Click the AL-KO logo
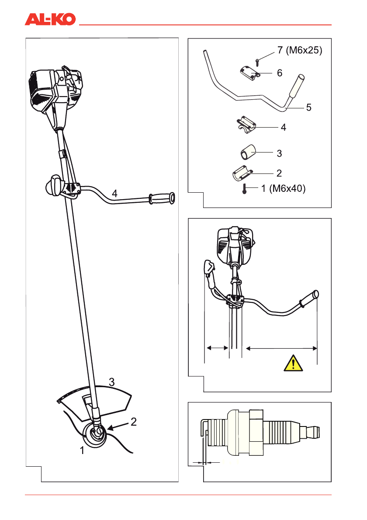point(50,19)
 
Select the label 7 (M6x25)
point(300,51)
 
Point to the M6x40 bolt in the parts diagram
point(243,189)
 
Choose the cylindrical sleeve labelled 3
point(246,153)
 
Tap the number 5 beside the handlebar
point(308,107)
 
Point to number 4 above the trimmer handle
point(114,193)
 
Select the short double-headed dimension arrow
point(217,348)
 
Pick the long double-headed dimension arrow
point(281,348)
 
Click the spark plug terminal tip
point(312,432)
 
